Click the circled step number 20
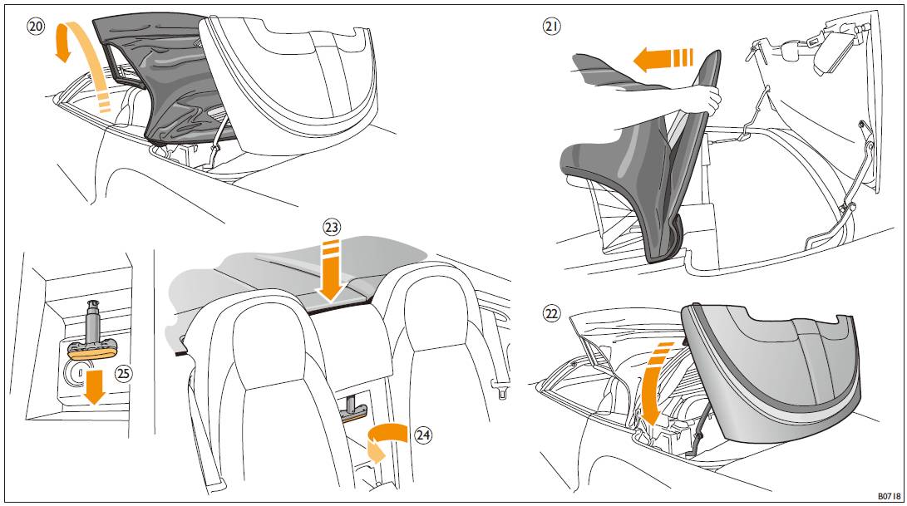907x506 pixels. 36,27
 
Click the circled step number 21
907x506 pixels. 551,26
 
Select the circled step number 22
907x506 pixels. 552,313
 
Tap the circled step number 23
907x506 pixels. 332,228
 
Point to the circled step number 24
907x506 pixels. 423,435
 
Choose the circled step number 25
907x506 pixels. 123,374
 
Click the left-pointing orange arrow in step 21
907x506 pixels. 663,59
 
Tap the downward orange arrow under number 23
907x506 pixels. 332,272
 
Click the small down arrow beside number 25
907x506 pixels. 93,388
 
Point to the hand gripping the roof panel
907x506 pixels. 704,99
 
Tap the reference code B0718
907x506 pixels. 889,496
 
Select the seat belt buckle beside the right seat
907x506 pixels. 501,386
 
